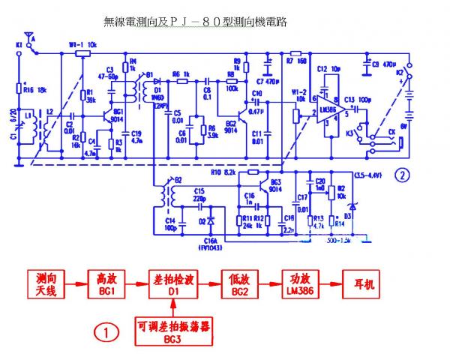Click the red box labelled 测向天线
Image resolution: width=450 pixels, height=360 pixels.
(46, 284)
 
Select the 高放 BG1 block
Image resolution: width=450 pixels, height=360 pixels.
(103, 284)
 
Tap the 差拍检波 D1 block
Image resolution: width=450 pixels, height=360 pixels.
(172, 284)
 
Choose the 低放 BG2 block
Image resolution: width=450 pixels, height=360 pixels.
(239, 284)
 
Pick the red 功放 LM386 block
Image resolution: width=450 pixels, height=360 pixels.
(299, 284)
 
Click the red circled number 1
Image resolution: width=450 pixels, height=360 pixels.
(106, 330)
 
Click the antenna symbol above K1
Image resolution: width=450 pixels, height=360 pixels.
(29, 36)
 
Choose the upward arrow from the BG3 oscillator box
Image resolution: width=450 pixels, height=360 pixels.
(173, 306)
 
